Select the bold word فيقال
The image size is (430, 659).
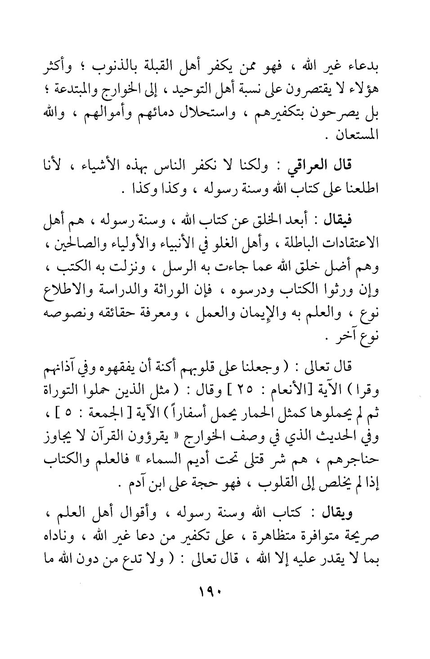click(339, 220)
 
